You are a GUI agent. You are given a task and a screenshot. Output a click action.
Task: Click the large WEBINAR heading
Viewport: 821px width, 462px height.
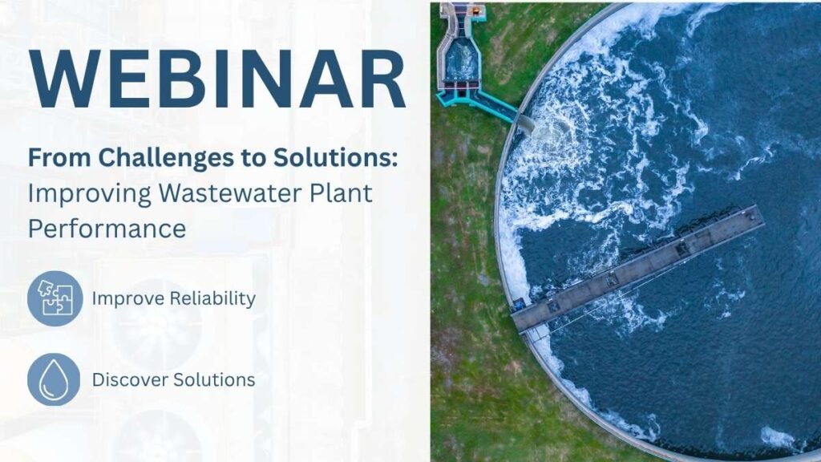217,79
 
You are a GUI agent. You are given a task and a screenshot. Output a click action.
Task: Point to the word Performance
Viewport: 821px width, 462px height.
107,229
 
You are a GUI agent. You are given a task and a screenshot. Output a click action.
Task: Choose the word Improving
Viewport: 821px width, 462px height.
90,194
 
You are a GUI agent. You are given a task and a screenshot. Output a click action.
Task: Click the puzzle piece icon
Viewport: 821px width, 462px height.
55,298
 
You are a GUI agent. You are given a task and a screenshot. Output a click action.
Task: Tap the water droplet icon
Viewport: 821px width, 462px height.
54,379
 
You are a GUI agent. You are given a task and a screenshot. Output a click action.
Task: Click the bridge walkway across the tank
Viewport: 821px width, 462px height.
637,268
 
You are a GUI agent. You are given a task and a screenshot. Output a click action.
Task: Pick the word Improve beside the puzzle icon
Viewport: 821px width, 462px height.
127,299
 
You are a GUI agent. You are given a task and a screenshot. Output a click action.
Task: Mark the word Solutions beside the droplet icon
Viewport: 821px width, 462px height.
214,379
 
